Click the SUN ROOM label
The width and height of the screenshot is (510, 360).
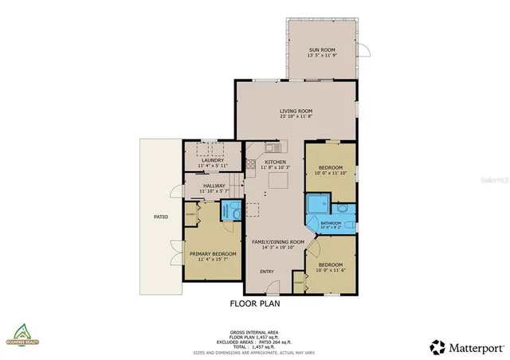(323, 50)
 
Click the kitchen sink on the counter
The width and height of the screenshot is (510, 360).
(271, 147)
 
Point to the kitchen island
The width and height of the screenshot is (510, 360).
(278, 182)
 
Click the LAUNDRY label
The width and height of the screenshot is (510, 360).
(213, 160)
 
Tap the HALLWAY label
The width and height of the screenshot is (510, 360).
(213, 186)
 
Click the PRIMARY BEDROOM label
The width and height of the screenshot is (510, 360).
(212, 254)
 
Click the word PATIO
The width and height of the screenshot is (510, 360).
(160, 216)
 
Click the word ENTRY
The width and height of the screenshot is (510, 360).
(267, 272)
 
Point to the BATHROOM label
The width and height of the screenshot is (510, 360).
(329, 222)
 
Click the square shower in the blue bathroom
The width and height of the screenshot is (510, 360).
(315, 205)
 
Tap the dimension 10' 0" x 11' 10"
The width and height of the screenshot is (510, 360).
(329, 172)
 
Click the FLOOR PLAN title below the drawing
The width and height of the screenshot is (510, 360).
(254, 303)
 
